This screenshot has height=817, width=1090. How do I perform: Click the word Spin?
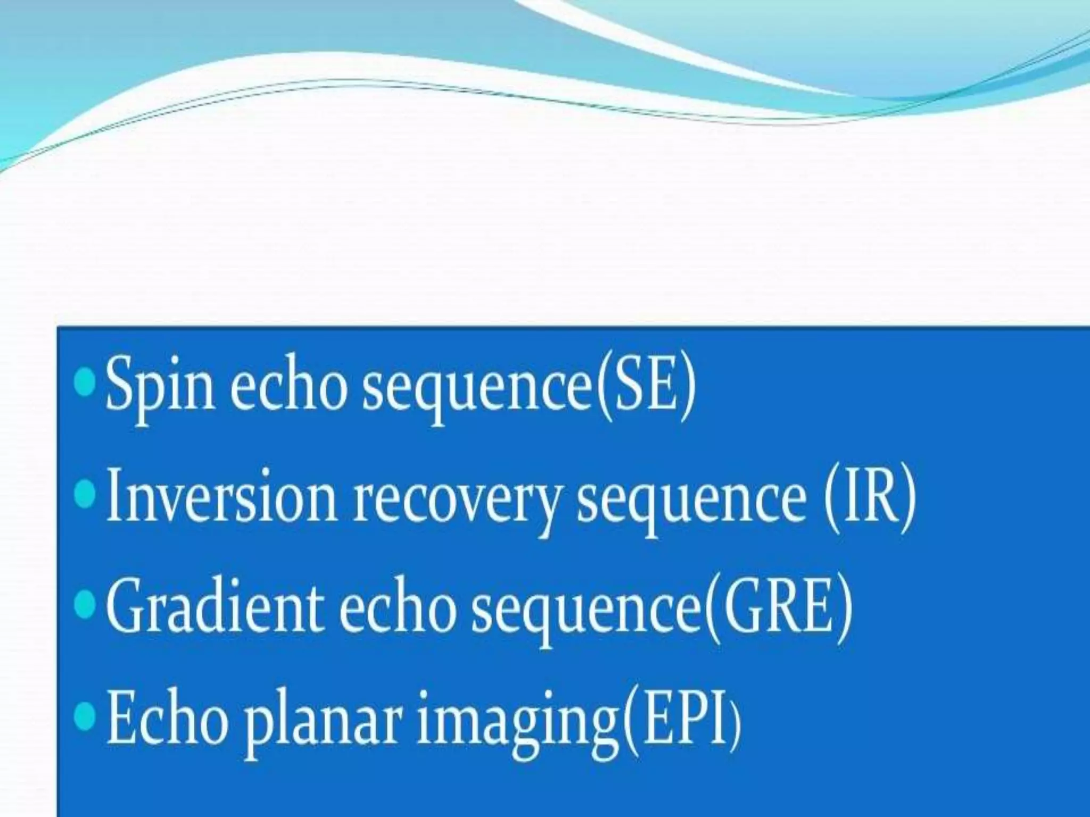click(160, 384)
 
